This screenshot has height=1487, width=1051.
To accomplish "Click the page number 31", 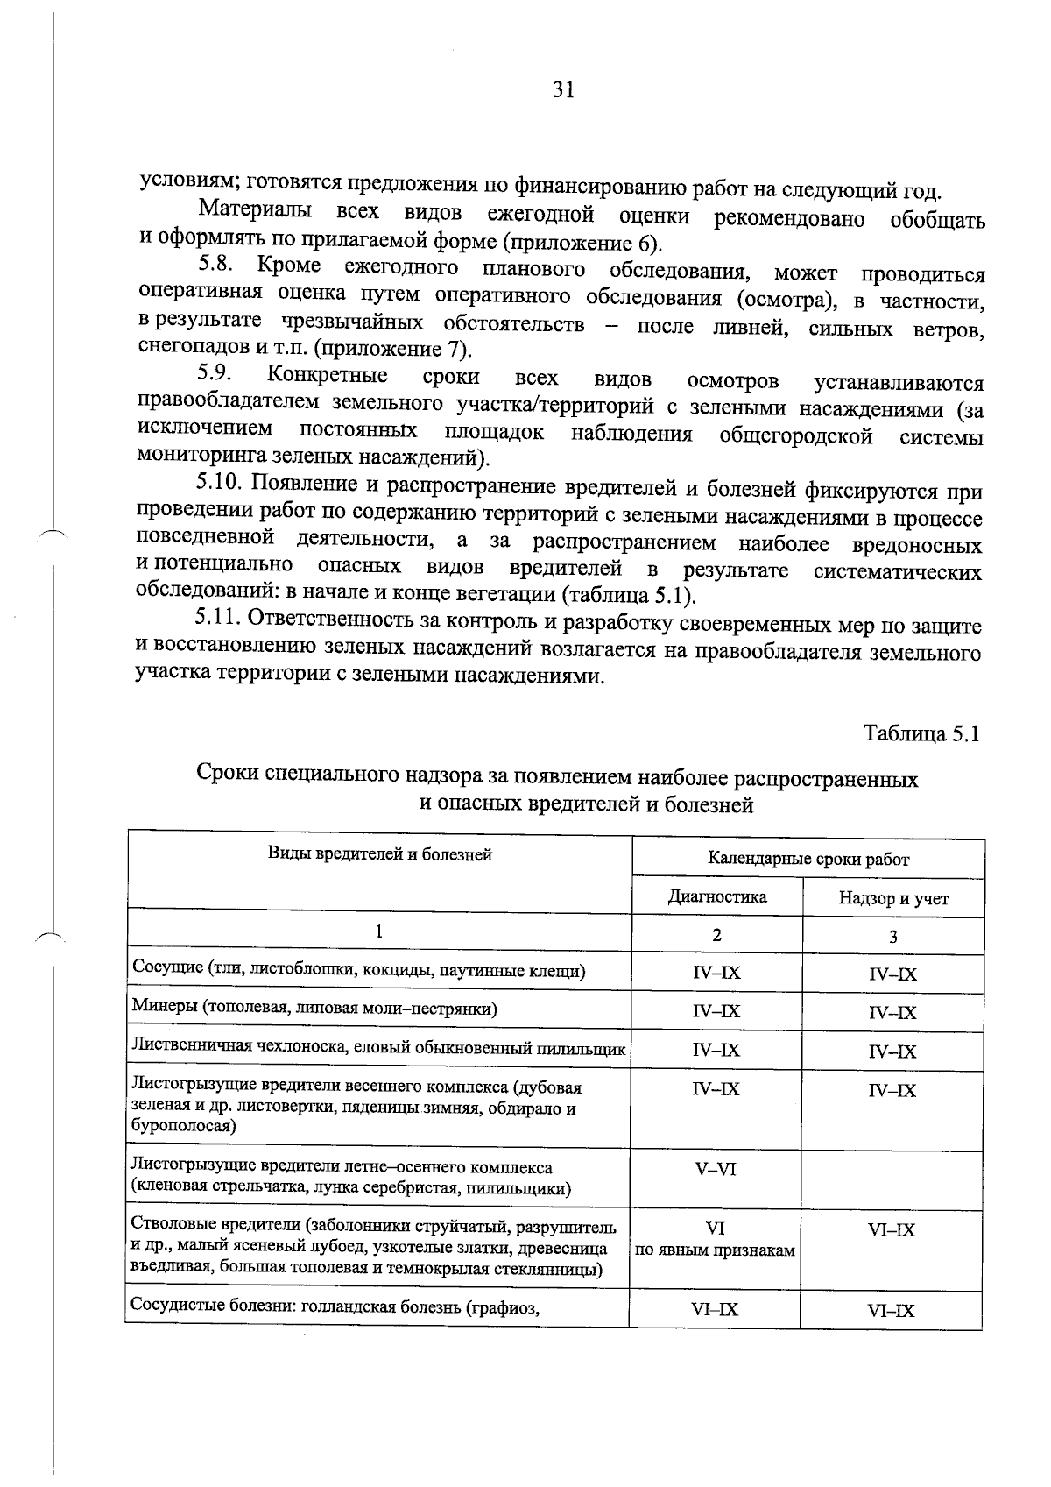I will pos(563,90).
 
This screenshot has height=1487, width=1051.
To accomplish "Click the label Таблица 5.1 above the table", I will pos(921,733).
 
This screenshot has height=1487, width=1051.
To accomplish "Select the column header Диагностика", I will pos(716,896).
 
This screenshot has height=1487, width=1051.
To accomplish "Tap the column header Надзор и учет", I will pos(893,898).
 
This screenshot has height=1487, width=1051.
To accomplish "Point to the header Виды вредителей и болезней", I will pos(379,853).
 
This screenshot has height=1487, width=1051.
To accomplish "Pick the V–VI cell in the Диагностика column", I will pos(716,1170).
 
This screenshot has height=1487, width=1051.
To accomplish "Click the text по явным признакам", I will pos(715,1250).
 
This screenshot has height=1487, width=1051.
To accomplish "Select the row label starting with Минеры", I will pos(314,1008).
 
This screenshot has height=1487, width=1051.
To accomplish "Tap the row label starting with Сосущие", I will pos(358,969).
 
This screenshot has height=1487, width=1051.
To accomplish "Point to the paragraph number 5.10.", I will pos(219,484).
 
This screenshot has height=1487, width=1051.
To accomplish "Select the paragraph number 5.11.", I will pos(218,619).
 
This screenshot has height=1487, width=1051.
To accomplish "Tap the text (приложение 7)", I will pos(392,350).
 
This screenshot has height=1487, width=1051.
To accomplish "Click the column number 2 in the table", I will pos(716,935).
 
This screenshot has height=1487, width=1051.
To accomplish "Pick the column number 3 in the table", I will pos(892,937).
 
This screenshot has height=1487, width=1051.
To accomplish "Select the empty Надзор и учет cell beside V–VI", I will pos(892,1179).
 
